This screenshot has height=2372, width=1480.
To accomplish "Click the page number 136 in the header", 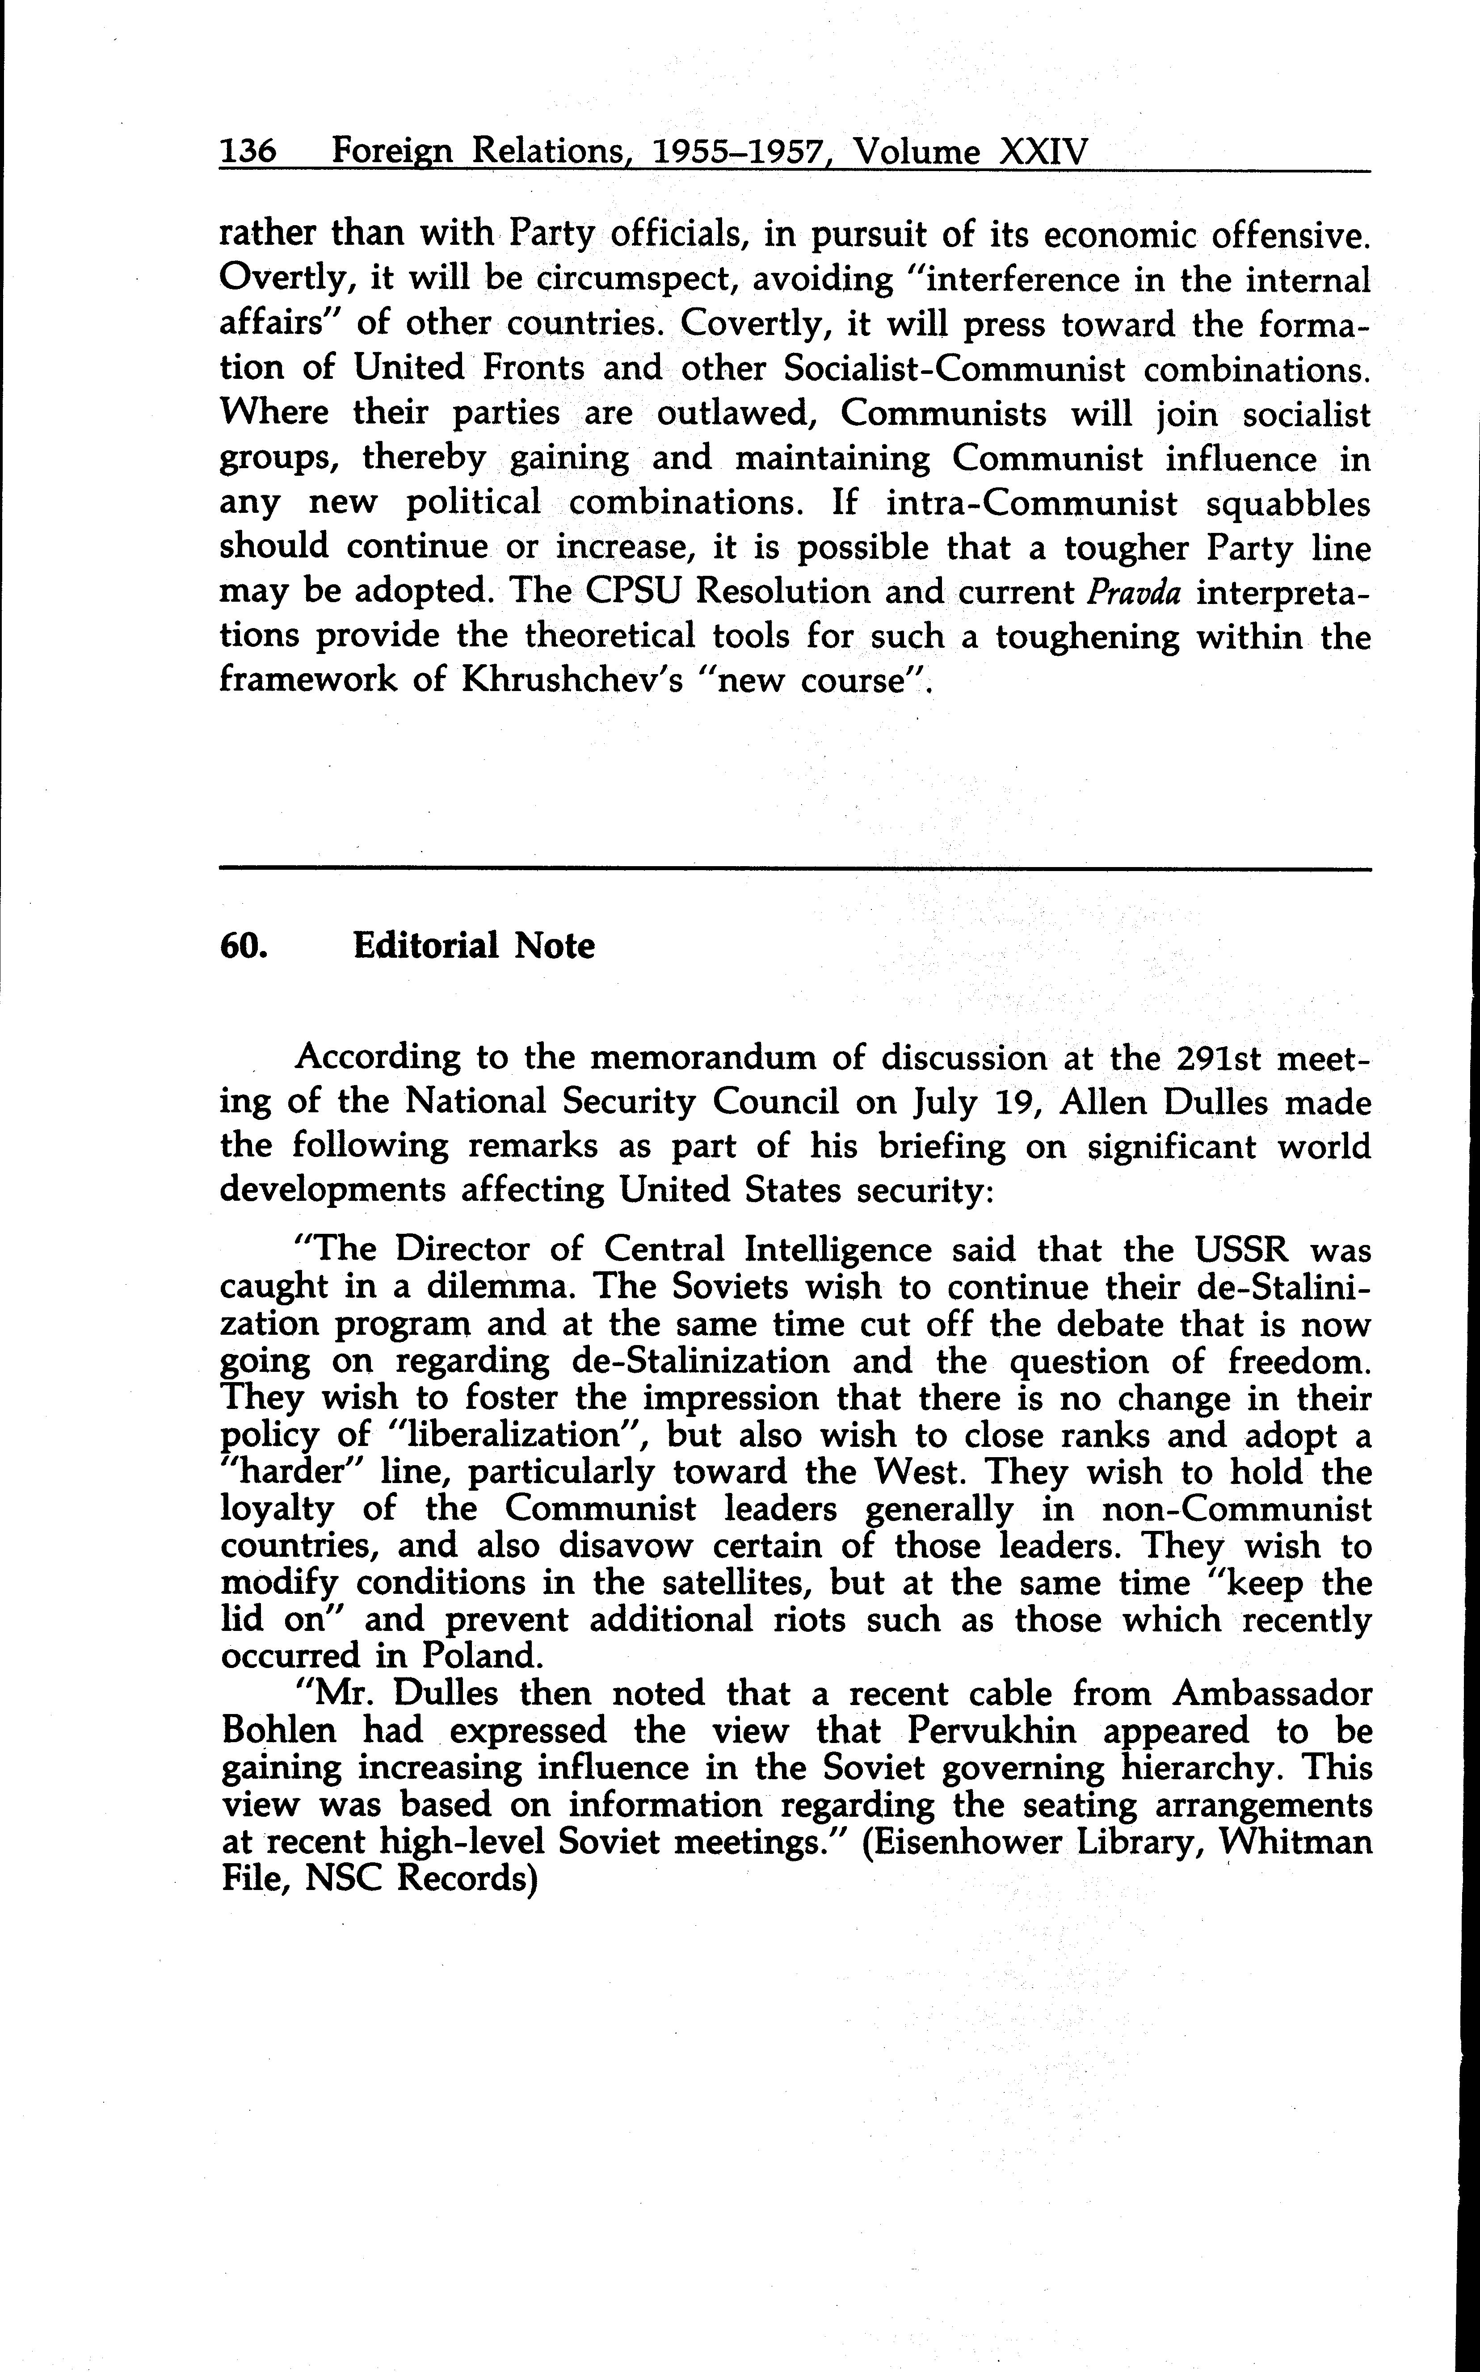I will (248, 152).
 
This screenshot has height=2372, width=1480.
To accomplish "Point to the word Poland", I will (482, 1655).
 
